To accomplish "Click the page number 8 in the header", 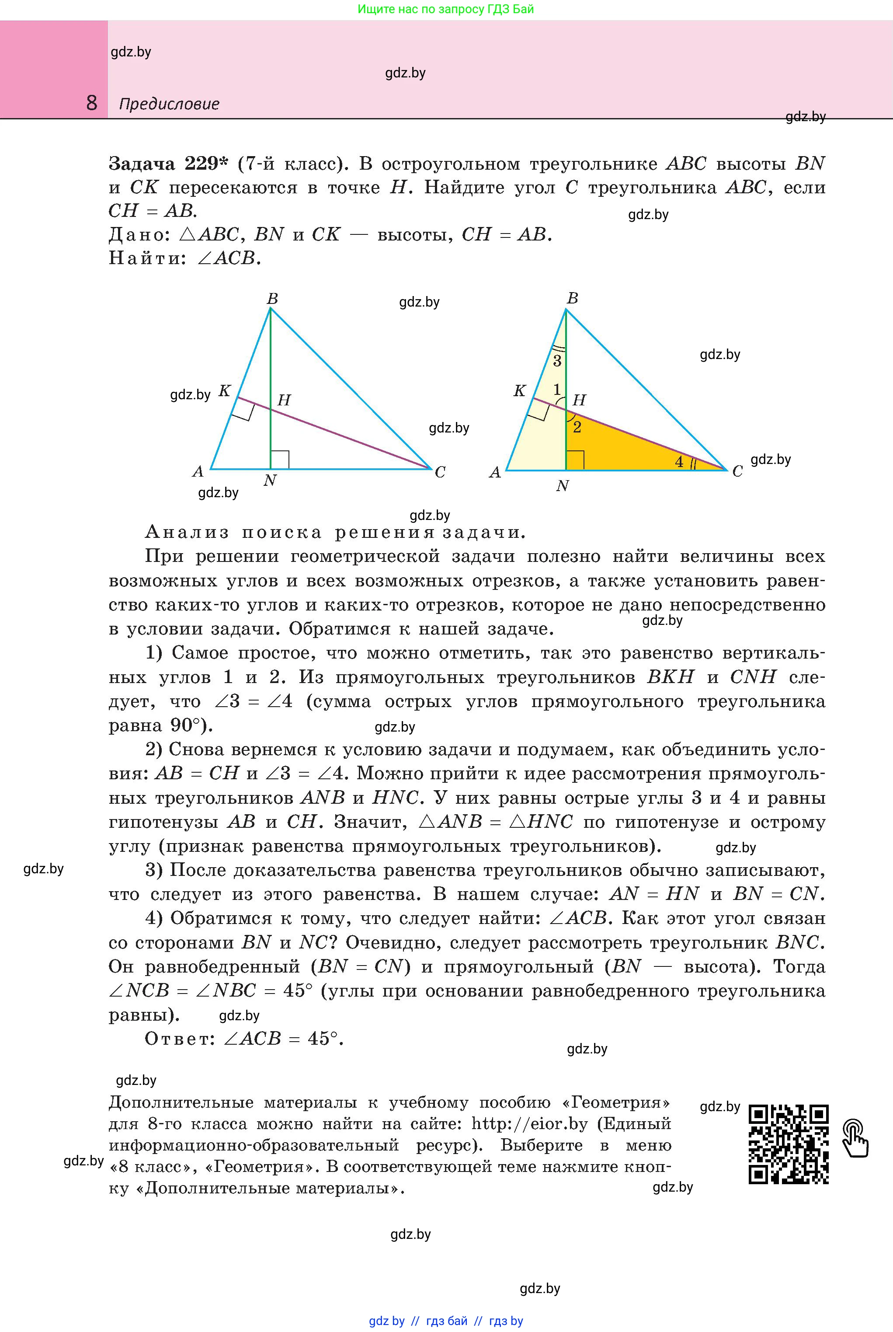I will point(92,103).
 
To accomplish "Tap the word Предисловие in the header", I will point(169,104).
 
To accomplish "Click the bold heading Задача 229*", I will point(168,164).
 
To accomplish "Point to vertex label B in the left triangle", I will point(272,299).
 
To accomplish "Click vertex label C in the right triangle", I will point(737,472).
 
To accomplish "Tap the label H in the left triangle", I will point(284,401).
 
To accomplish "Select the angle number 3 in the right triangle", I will point(557,361).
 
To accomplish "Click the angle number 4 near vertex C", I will point(679,462).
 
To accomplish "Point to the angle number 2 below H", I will point(577,427).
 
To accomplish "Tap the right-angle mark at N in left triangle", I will point(280,460).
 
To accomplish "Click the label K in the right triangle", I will point(519,391).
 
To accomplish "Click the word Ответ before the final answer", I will point(178,1039).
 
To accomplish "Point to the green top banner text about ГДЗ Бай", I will point(446,9).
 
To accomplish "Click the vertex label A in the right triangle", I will point(495,472).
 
